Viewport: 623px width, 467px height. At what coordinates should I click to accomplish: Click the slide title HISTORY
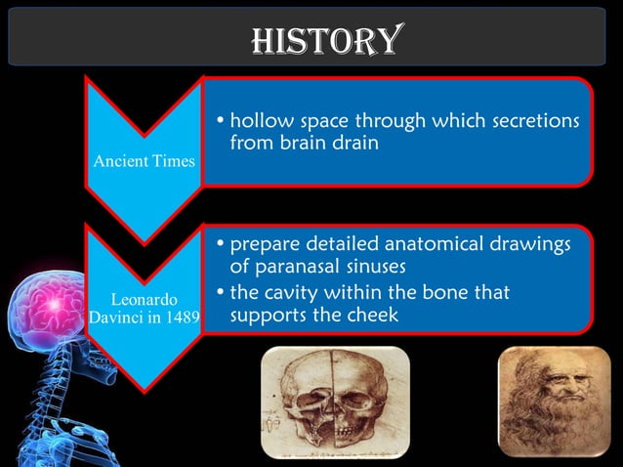[325, 39]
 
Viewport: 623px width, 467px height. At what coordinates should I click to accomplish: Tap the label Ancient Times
[145, 160]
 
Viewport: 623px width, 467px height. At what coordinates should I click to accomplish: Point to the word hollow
[257, 124]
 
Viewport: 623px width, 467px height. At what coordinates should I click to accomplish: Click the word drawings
[529, 243]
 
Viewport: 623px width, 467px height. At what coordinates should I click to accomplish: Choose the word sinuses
[374, 266]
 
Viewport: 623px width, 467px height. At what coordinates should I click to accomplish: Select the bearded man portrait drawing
[547, 401]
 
